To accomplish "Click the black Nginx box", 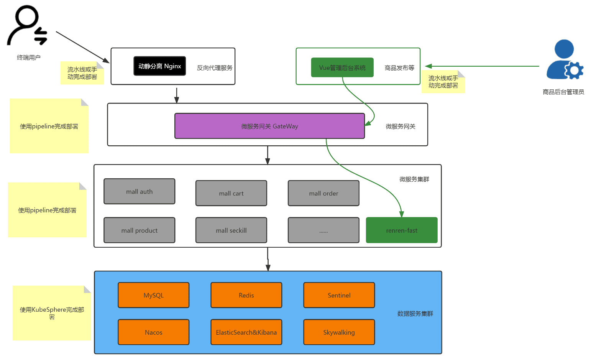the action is tap(159, 66).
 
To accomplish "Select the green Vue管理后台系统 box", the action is tap(342, 67).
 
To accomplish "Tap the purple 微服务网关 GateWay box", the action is tap(270, 126).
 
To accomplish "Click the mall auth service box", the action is tap(139, 191).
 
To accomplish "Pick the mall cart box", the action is tap(231, 193).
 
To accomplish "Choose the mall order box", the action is tap(323, 193).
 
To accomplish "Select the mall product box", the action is tap(139, 230).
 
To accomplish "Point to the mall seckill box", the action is tap(231, 230).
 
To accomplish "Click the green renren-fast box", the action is tap(402, 230).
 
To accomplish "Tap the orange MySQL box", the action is tap(154, 295).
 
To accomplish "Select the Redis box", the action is tap(246, 295).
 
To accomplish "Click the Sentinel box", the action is tap(339, 295).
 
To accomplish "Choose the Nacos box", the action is tap(154, 332).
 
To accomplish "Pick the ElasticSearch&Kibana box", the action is tap(246, 332).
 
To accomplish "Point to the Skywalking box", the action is tap(339, 332).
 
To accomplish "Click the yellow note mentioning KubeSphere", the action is tap(52, 313).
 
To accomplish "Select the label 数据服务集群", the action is tap(415, 314).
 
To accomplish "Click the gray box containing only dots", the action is tap(323, 230).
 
